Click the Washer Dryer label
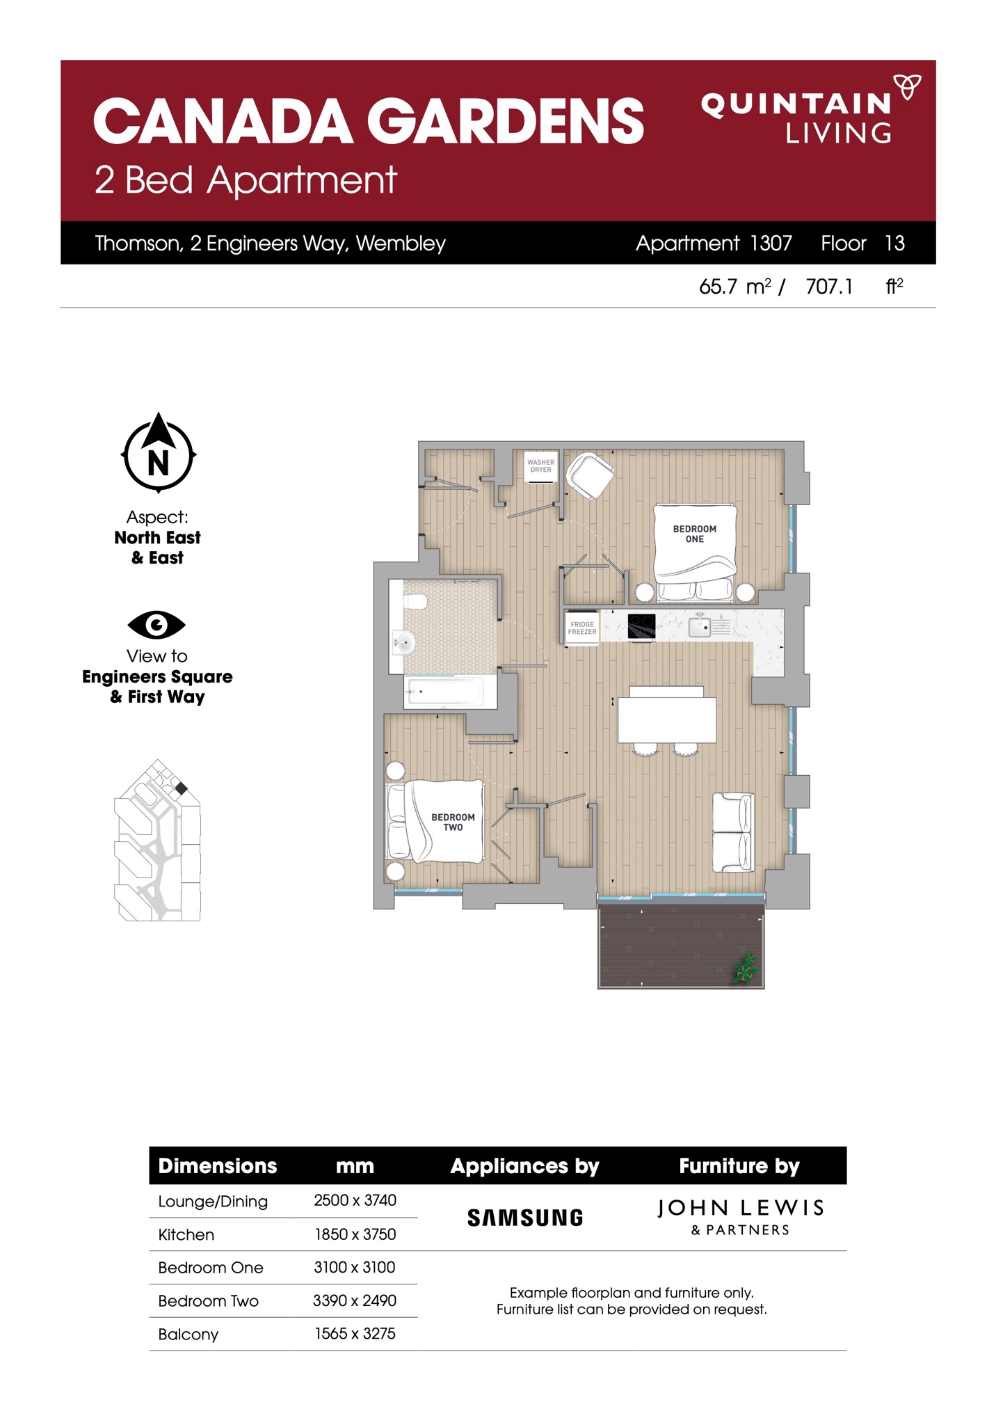pyautogui.click(x=540, y=465)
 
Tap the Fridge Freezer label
pyautogui.click(x=582, y=628)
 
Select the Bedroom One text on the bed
pyautogui.click(x=694, y=534)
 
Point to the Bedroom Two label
pyautogui.click(x=453, y=822)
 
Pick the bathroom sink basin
pyautogui.click(x=403, y=642)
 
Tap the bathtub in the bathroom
pyautogui.click(x=444, y=692)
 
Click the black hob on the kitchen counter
pyautogui.click(x=641, y=626)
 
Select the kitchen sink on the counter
pyautogui.click(x=700, y=626)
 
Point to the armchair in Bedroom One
pyautogui.click(x=590, y=475)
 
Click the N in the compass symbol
pyautogui.click(x=159, y=463)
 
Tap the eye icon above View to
pyautogui.click(x=156, y=624)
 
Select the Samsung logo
pyautogui.click(x=525, y=1218)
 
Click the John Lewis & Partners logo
pyautogui.click(x=740, y=1217)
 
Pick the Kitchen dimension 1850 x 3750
pyautogui.click(x=355, y=1234)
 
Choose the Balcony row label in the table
pyautogui.click(x=188, y=1334)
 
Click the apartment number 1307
pyautogui.click(x=771, y=243)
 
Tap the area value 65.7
pyautogui.click(x=718, y=287)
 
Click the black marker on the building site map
pyautogui.click(x=181, y=788)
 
